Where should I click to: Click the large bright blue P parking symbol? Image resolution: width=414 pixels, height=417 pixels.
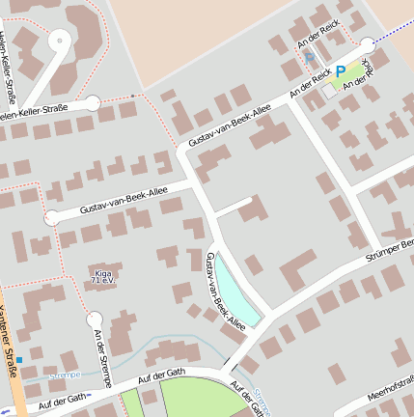341,71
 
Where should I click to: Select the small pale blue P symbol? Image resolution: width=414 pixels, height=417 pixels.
309,58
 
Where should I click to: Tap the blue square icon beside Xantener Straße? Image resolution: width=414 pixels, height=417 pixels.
18,360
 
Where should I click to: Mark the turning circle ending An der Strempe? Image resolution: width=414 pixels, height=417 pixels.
94,319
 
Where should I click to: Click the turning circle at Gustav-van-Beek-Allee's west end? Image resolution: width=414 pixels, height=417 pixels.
51,217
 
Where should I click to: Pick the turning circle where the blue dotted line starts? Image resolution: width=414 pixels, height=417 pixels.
368,43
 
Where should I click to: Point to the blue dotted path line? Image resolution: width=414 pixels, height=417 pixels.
394,33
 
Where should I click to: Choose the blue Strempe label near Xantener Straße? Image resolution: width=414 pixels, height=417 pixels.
64,374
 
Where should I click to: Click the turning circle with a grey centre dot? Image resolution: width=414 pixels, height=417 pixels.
59,41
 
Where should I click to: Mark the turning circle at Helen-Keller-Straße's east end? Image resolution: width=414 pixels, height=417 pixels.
93,102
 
